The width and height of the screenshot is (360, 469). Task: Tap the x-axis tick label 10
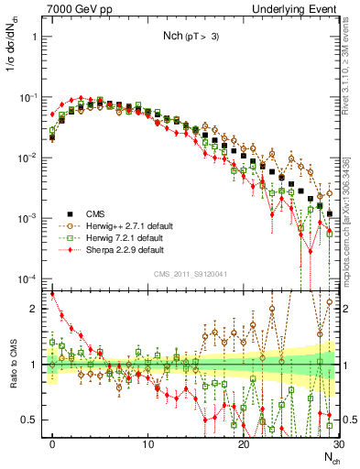pos(147,444)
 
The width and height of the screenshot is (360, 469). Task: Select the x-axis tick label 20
pos(243,444)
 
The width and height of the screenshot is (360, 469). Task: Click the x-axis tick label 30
pos(337,444)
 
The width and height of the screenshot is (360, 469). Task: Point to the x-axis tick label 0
pos(52,444)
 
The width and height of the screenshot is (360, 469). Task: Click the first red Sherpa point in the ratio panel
pos(52,294)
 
